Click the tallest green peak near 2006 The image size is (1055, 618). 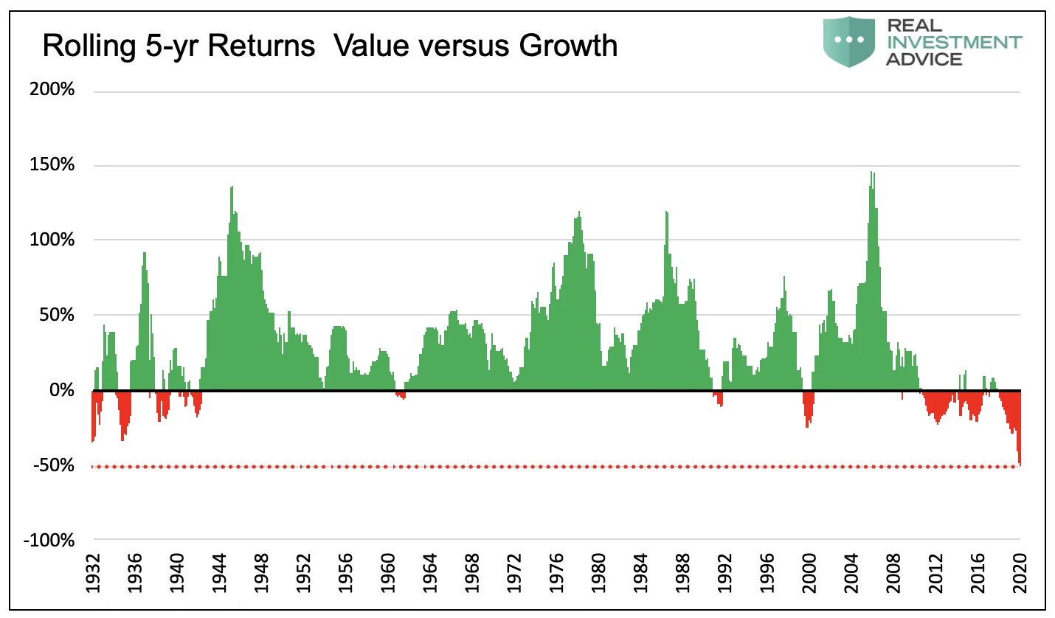pos(872,174)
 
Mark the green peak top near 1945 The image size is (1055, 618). pos(232,188)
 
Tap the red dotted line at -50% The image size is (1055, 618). pos(516,467)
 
